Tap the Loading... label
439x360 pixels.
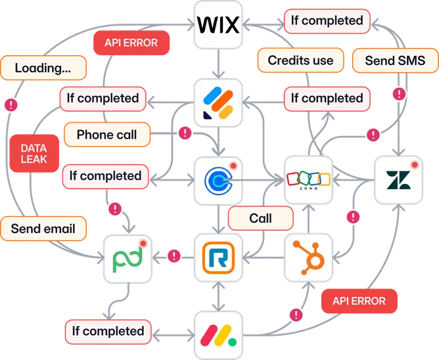point(43,67)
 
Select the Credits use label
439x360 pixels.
point(300,61)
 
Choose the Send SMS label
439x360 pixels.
point(385,61)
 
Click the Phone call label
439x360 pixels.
point(107,135)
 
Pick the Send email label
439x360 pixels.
point(43,229)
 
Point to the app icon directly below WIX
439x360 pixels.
point(219,102)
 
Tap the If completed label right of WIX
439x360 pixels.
point(327,21)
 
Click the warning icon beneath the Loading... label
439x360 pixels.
point(11,104)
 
